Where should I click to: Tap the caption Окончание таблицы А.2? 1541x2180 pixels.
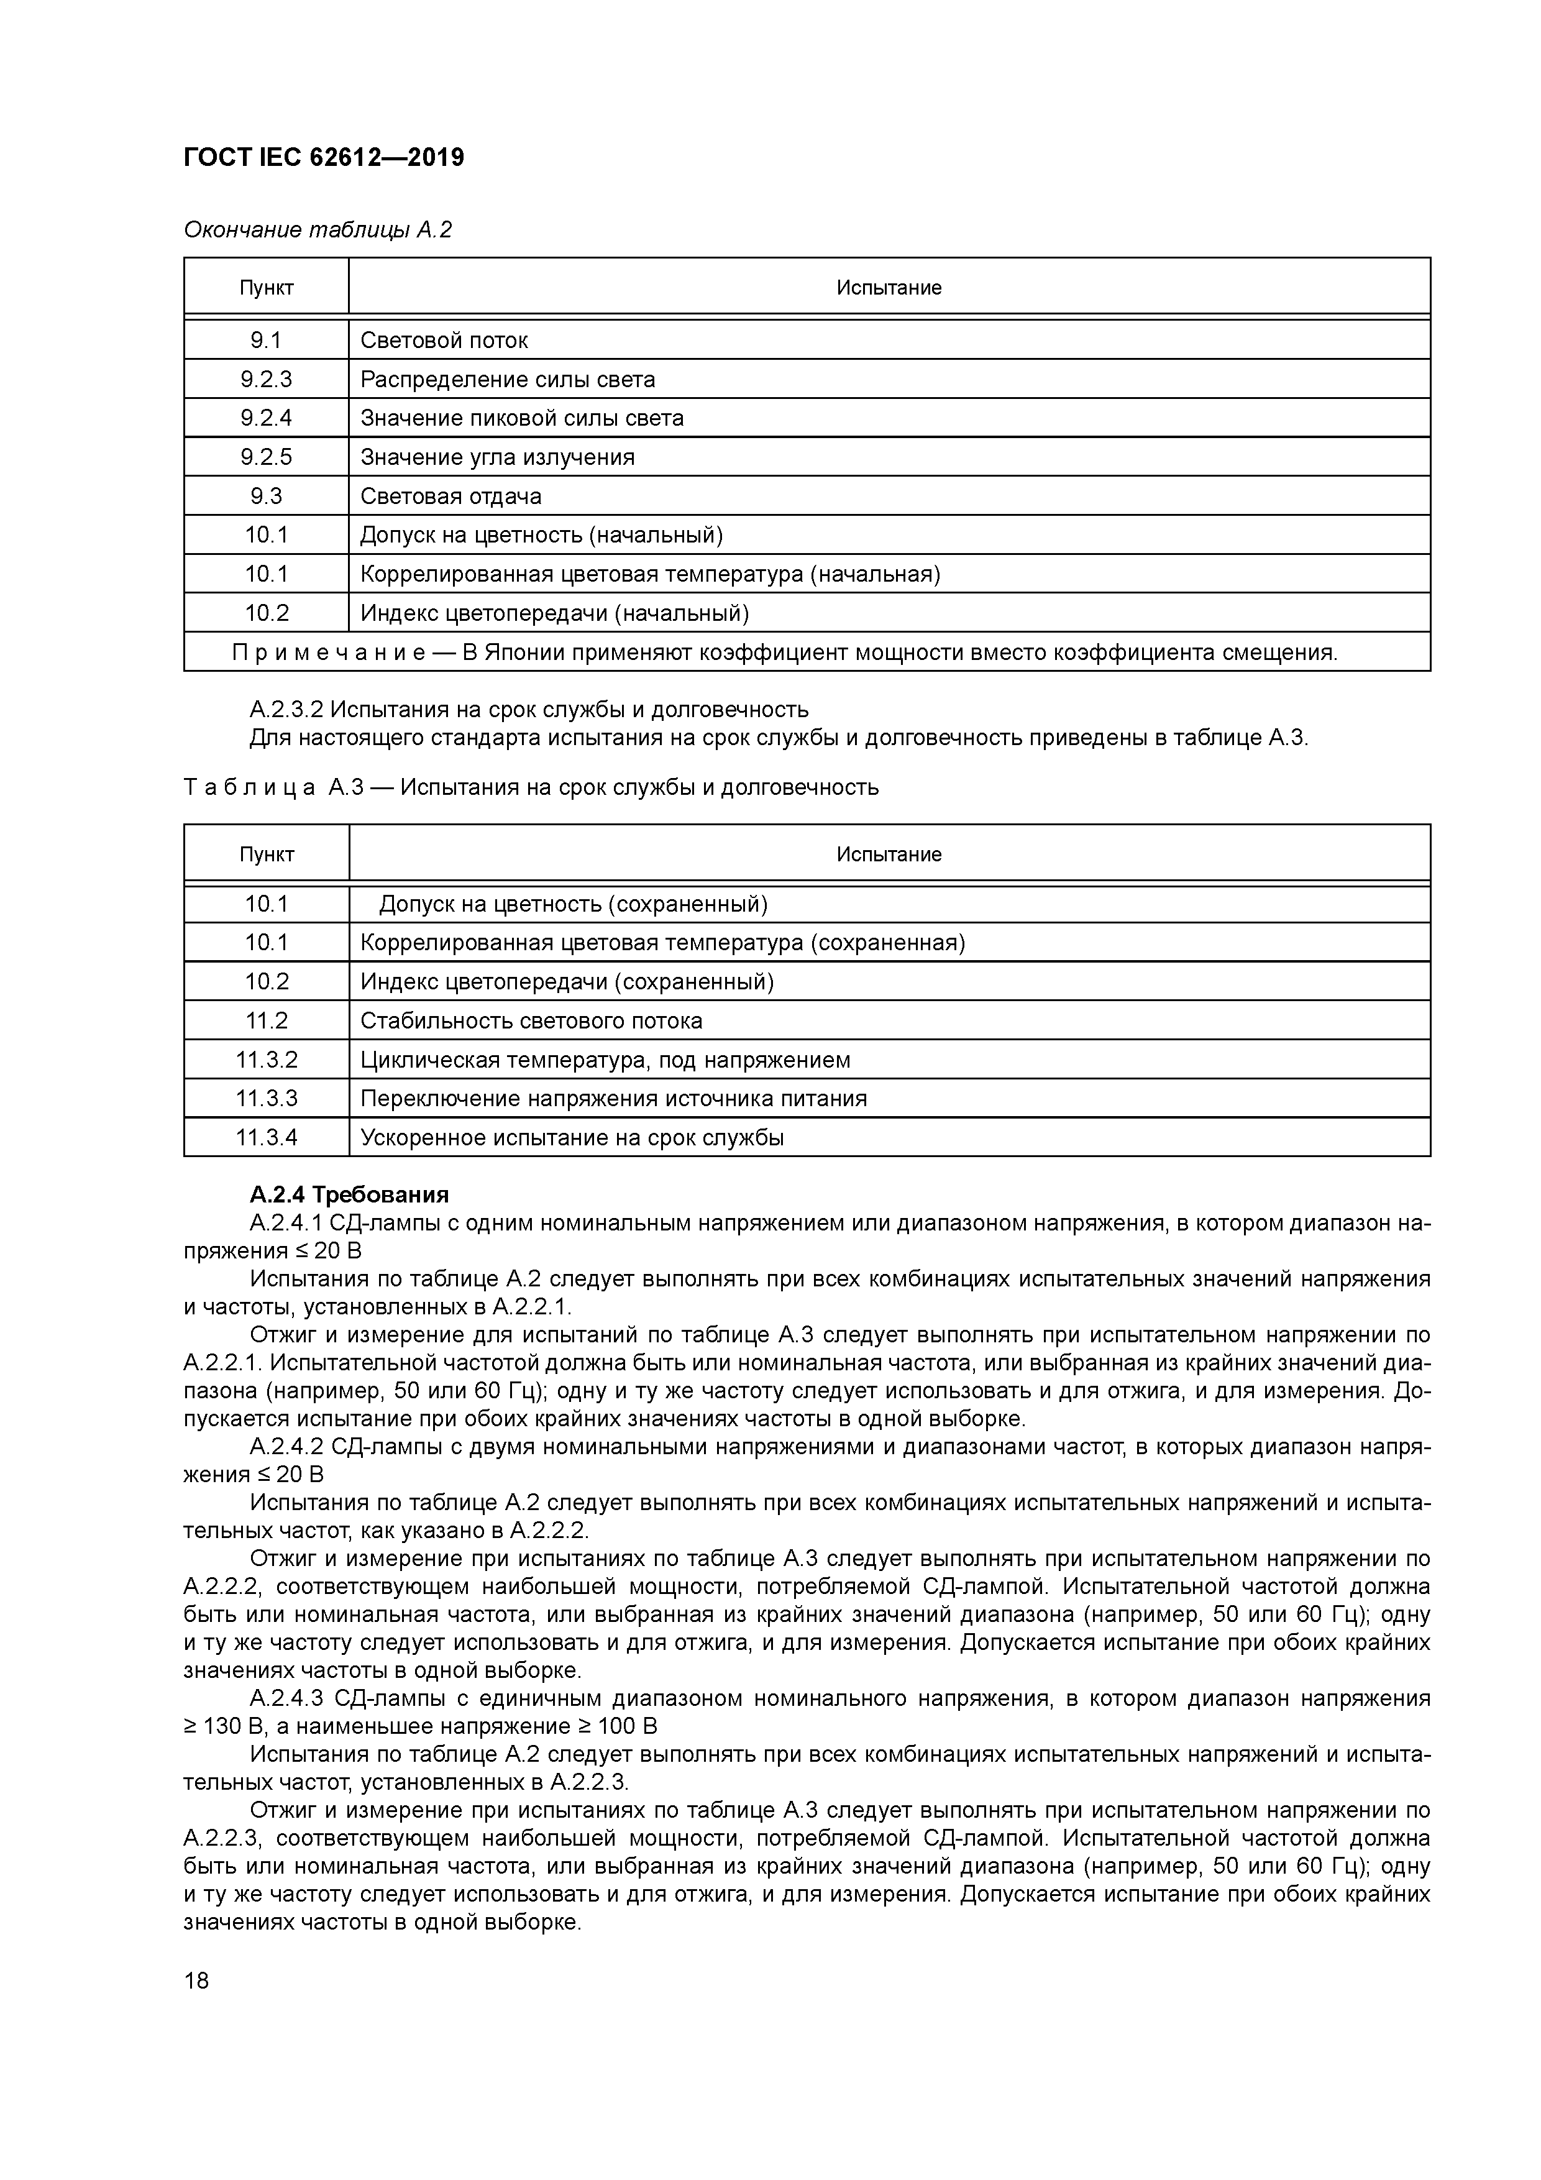[317, 230]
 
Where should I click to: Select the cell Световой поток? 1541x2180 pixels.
[444, 340]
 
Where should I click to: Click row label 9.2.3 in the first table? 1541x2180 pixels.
[266, 380]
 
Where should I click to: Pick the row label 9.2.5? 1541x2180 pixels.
[266, 457]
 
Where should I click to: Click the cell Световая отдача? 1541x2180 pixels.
[450, 497]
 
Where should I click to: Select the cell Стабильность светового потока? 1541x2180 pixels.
[531, 1020]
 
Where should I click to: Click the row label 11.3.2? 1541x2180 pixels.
[266, 1060]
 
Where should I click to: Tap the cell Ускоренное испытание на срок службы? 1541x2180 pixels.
[572, 1137]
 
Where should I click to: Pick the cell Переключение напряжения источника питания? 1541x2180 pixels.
[613, 1099]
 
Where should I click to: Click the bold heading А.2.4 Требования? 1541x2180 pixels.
[349, 1194]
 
